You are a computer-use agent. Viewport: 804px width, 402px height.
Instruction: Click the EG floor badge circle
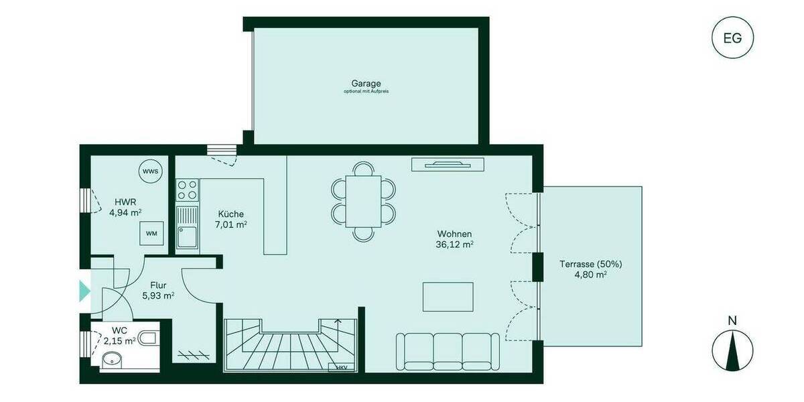click(732, 38)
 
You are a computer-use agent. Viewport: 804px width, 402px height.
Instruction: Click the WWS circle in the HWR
click(151, 172)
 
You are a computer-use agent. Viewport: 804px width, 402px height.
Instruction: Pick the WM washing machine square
click(151, 233)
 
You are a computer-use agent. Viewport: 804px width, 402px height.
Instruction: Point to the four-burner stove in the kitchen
click(187, 190)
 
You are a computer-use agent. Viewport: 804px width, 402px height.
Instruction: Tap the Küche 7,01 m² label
click(230, 219)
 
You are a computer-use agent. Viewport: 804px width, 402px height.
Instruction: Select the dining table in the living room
click(364, 201)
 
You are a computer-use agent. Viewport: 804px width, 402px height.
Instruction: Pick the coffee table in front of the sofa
click(448, 297)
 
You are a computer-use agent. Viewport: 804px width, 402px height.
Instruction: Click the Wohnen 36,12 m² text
click(455, 239)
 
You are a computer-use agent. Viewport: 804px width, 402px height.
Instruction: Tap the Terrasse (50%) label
click(584, 269)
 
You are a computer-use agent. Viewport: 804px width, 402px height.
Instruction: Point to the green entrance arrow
click(84, 291)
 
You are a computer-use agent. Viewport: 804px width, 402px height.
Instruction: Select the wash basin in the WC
click(111, 362)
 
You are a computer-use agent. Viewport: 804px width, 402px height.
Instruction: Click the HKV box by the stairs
click(342, 368)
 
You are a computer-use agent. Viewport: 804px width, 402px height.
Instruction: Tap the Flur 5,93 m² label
click(158, 290)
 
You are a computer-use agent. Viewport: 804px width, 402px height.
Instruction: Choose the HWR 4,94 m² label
click(125, 207)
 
